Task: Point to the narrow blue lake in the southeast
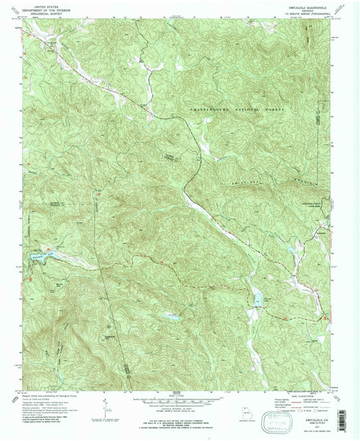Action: [257, 298]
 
